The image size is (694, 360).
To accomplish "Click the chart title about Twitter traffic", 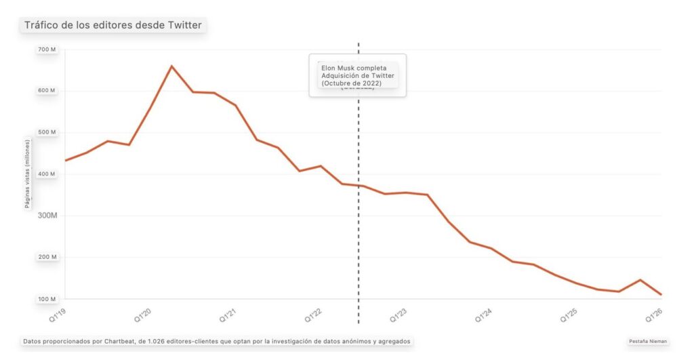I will tap(113, 26).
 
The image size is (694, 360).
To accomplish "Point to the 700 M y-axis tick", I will tap(48, 49).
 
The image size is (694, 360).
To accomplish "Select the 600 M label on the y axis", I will tap(48, 91).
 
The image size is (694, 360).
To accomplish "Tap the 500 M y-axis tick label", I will tap(48, 132).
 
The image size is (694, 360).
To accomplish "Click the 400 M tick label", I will tap(48, 174).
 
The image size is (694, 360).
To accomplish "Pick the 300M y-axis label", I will tap(47, 216).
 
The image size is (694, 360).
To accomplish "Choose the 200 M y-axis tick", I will tap(48, 258).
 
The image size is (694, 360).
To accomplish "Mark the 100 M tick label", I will tap(48, 299).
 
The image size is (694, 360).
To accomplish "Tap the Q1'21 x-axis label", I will tap(227, 315).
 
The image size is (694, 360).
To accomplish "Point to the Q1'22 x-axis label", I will tap(312, 315).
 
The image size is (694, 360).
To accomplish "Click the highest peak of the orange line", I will tap(171, 66).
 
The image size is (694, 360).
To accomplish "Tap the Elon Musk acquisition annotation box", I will tap(357, 75).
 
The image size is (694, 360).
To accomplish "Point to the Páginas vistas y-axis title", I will tap(28, 174).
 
